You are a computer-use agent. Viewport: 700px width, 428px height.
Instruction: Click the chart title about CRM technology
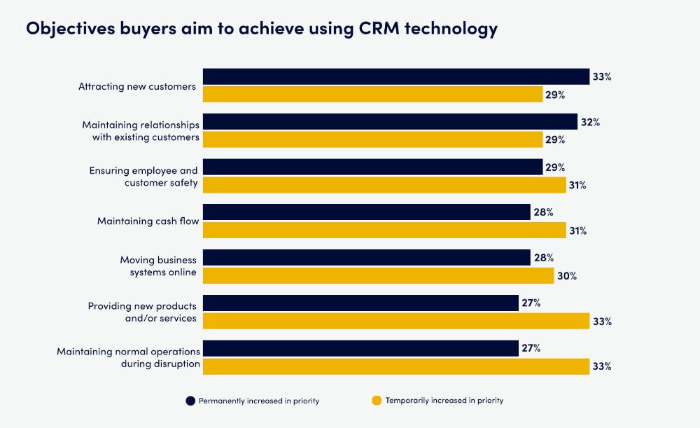tap(262, 29)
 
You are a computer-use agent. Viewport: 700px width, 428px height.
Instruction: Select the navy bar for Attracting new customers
tap(395, 76)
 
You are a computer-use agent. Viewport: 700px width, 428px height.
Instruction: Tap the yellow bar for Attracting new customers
tap(372, 95)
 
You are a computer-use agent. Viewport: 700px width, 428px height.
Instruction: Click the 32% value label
tap(589, 122)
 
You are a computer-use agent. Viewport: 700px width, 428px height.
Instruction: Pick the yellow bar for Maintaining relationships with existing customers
tap(372, 140)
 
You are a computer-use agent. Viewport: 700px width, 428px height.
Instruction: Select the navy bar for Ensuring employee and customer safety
tap(372, 167)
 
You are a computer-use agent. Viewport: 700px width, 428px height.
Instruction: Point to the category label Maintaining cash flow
tap(148, 221)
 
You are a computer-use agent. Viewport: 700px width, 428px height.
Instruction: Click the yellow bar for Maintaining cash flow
tap(384, 230)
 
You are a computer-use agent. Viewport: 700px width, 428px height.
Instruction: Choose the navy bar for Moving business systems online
tap(366, 258)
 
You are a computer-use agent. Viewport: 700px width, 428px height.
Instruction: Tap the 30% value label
tap(566, 276)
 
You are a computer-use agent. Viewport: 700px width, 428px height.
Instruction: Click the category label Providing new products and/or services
tap(142, 312)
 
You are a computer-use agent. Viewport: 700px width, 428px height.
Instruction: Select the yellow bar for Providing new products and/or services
tap(395, 321)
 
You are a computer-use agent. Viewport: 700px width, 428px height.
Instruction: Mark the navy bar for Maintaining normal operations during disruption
tap(360, 348)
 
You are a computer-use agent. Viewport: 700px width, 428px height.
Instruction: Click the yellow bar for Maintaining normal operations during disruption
tap(395, 366)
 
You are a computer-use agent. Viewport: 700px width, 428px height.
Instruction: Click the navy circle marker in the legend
tap(190, 401)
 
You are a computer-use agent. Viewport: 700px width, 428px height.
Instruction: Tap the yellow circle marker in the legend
tap(377, 401)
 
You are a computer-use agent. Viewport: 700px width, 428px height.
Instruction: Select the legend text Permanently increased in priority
tap(259, 401)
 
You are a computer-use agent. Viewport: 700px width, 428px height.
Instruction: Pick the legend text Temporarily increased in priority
tap(444, 401)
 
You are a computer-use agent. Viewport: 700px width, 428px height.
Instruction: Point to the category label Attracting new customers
tap(137, 86)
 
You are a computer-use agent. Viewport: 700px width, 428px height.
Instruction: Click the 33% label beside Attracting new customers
tap(601, 76)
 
